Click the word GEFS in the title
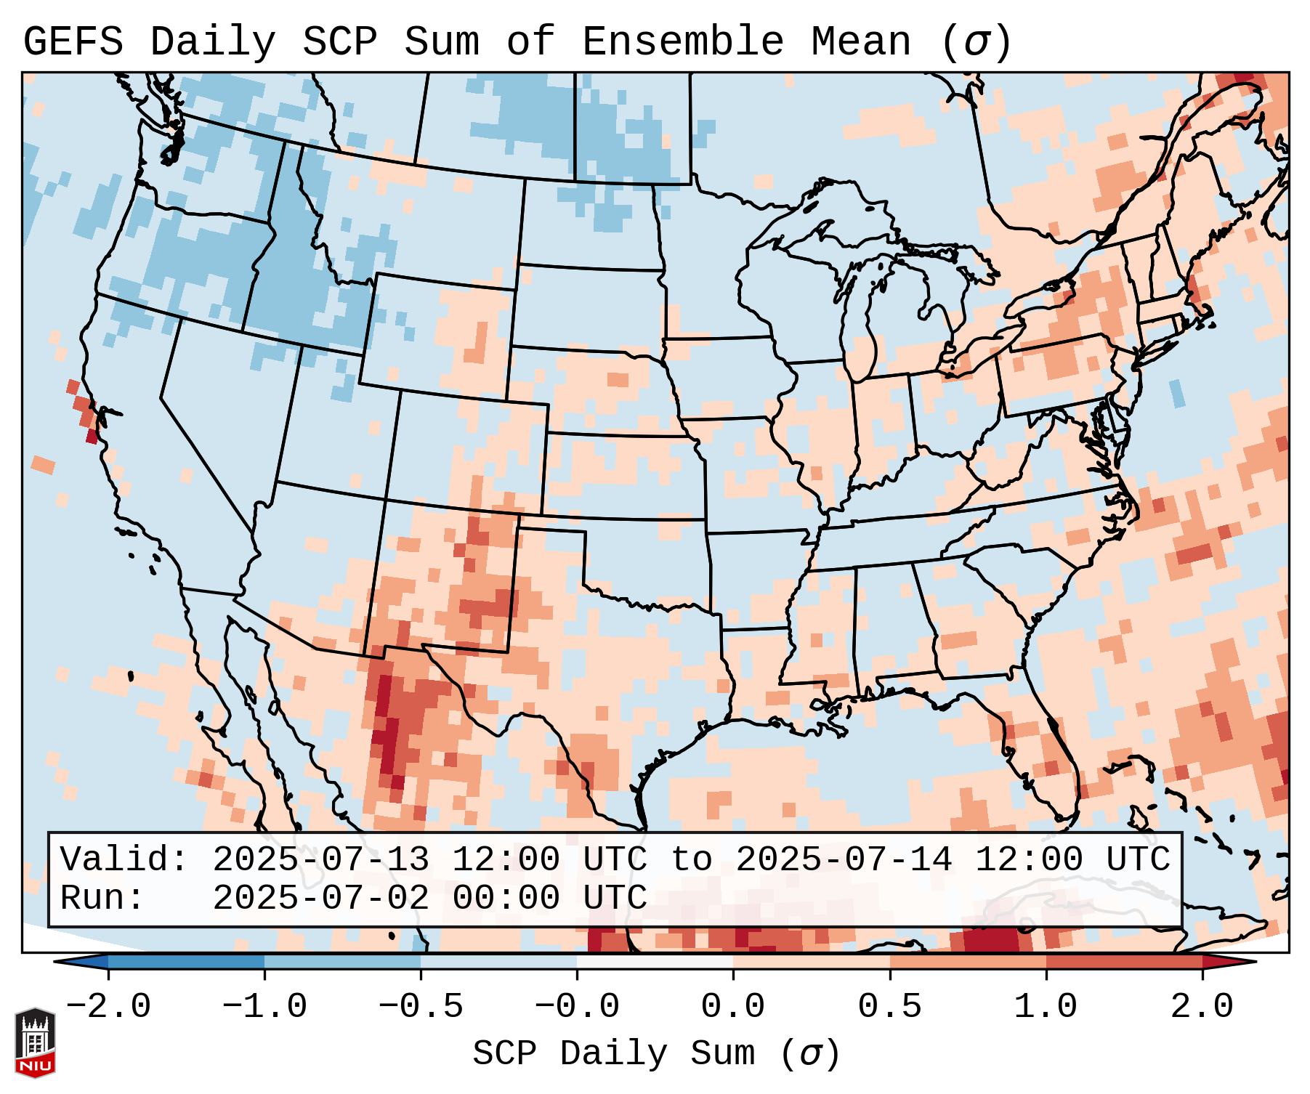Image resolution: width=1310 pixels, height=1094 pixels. [x=73, y=42]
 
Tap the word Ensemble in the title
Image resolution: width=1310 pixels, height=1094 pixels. [x=682, y=42]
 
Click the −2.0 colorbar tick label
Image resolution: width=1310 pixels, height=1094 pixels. [x=108, y=1008]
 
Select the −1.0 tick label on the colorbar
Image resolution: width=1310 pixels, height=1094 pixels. [x=264, y=1008]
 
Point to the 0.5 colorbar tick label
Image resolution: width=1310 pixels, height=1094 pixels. [x=889, y=1008]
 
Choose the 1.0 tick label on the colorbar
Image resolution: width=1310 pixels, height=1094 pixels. [x=1046, y=1008]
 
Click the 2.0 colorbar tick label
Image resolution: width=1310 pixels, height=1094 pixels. [x=1202, y=1008]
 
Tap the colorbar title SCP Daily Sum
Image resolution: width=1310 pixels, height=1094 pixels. [x=613, y=1054]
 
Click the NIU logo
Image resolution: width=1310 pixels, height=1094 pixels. [x=35, y=1042]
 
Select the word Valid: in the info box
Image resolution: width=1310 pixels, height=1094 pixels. [x=124, y=860]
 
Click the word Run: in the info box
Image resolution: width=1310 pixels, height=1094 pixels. [x=102, y=899]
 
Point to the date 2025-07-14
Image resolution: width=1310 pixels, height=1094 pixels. [x=844, y=860]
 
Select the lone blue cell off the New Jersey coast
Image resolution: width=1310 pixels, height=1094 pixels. [x=1178, y=394]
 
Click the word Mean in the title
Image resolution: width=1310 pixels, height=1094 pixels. [x=860, y=42]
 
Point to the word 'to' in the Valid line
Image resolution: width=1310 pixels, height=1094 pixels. [x=691, y=860]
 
